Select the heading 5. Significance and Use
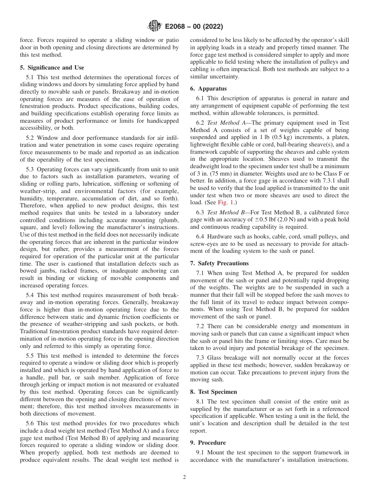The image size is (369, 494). tap(52, 68)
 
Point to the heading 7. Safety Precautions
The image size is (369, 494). tap(219, 263)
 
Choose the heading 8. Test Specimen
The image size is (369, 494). tap(213, 392)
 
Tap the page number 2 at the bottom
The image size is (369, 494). tap(184, 477)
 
